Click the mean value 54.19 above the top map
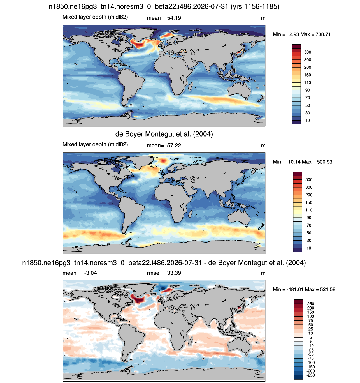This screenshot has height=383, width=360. click(174, 18)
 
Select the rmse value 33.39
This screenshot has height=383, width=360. click(174, 273)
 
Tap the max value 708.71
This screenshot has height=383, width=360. click(323, 34)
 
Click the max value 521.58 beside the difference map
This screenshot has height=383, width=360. click(328, 289)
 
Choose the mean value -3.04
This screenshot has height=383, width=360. click(90, 273)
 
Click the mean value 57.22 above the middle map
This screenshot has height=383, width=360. click(174, 146)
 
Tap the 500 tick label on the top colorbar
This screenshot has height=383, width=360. click(308, 52)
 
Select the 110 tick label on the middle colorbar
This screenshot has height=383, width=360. click(309, 210)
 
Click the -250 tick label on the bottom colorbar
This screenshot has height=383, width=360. click(310, 375)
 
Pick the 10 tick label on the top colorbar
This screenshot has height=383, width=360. click(308, 121)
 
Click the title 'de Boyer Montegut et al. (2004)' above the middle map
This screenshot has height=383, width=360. click(164, 134)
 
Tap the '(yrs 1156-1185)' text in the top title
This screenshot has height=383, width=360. click(255, 6)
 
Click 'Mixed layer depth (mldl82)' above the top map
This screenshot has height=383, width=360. click(95, 17)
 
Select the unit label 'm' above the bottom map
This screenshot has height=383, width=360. click(263, 273)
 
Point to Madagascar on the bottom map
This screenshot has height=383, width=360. click(190, 342)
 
